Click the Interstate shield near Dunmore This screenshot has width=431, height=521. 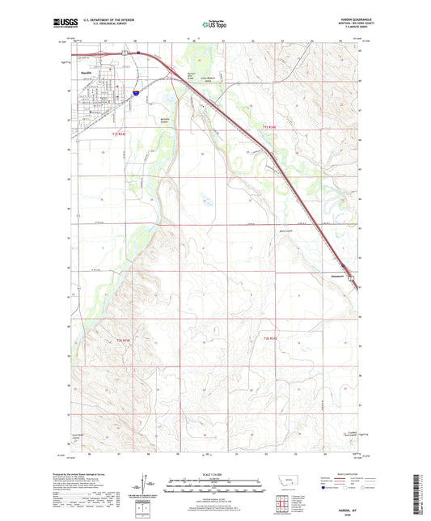[x=343, y=265]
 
